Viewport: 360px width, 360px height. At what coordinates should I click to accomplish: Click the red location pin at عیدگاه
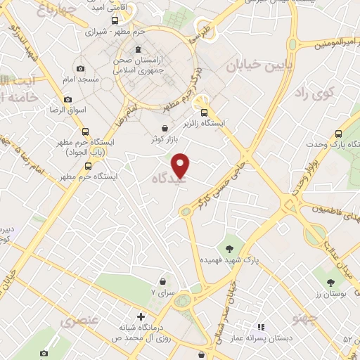point(181,165)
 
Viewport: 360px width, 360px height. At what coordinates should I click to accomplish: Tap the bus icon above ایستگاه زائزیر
point(204,112)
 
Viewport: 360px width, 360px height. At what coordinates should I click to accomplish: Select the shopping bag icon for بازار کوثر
point(165,128)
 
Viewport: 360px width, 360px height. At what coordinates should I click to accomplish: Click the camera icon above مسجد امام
point(80,69)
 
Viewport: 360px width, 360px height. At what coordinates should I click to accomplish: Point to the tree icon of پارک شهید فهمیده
point(229,247)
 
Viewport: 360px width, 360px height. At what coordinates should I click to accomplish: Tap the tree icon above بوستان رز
point(330,283)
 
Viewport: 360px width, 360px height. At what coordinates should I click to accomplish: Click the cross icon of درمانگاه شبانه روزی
point(141,317)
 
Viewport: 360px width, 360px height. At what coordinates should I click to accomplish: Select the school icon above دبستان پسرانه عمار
point(261,327)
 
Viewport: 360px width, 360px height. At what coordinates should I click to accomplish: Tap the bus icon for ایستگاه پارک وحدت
point(339,134)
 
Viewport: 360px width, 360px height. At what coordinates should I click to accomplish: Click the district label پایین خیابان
point(253,65)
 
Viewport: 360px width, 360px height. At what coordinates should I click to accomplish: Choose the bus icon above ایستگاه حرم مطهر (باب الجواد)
point(84,131)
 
